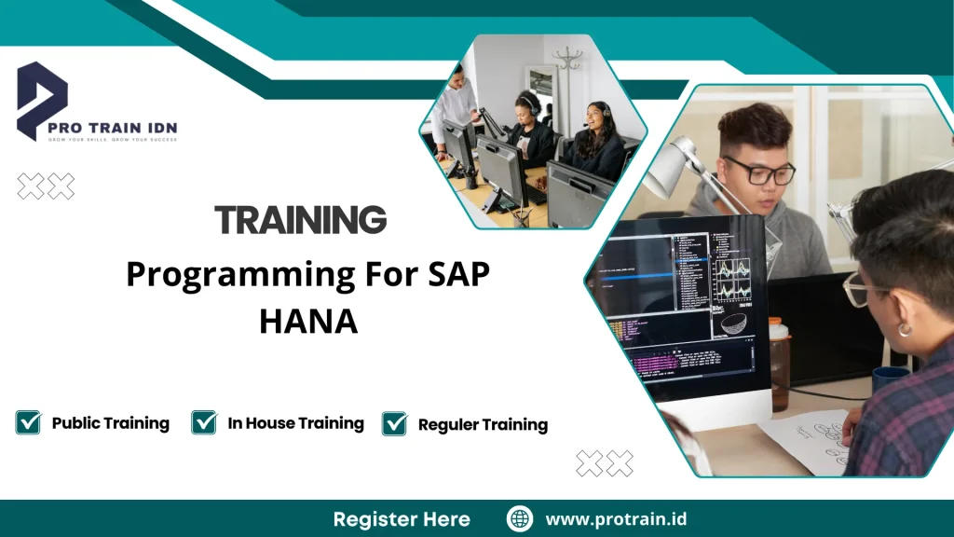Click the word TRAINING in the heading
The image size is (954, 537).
[x=300, y=221]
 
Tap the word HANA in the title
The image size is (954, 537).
[x=308, y=321]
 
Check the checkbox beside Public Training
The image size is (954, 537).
[x=29, y=422]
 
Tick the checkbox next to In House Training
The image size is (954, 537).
[x=204, y=422]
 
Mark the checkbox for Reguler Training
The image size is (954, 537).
[x=395, y=423]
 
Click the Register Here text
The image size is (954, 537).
[x=402, y=519]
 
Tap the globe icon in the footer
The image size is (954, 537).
[x=520, y=519]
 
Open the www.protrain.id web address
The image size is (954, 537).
[x=616, y=519]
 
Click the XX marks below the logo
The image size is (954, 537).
[x=46, y=186]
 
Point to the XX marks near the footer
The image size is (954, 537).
[x=605, y=462]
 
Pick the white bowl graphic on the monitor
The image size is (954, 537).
[x=734, y=322]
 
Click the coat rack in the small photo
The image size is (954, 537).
[x=566, y=74]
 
